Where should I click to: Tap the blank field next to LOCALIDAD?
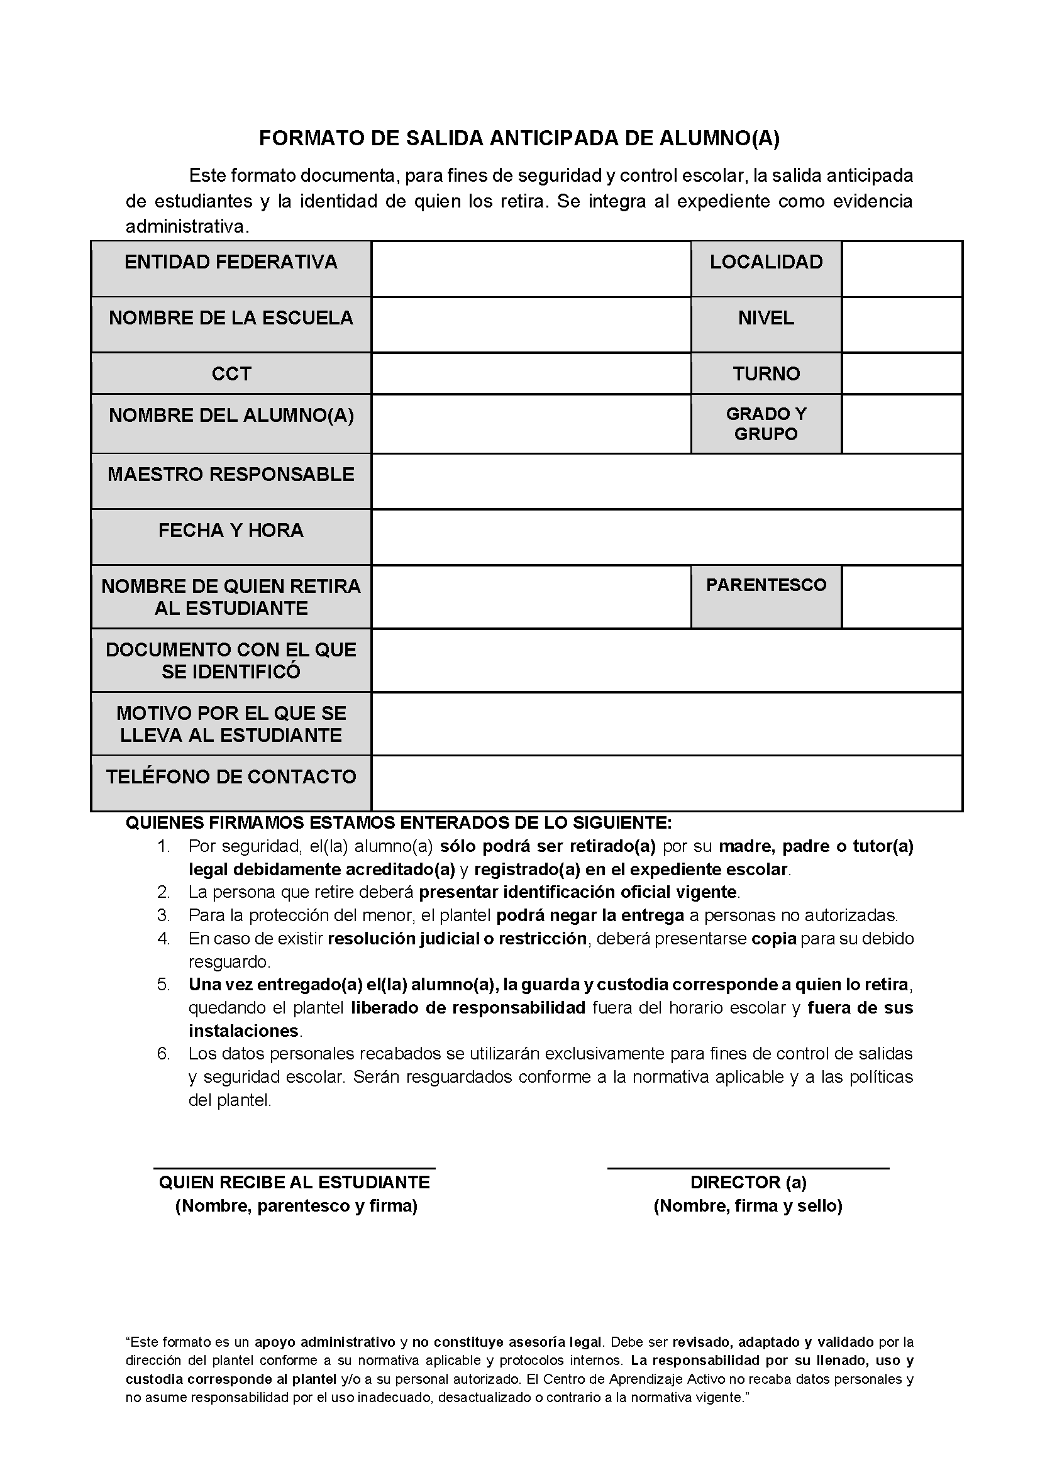(x=902, y=269)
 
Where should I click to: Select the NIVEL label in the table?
(x=766, y=318)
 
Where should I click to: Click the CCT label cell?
(x=231, y=374)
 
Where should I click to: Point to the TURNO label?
(x=766, y=374)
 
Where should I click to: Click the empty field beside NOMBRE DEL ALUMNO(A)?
(x=531, y=424)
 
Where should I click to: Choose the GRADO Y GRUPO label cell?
(x=766, y=424)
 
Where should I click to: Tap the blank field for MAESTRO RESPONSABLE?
(x=667, y=482)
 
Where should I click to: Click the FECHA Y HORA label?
(x=231, y=530)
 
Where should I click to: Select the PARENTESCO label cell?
(x=766, y=585)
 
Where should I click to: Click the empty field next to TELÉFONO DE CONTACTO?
(x=667, y=783)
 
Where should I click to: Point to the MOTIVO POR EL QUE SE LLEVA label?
(x=231, y=724)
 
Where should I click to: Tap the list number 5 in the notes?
(x=163, y=984)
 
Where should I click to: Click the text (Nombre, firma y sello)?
(x=748, y=1205)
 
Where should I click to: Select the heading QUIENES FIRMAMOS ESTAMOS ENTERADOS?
(x=398, y=823)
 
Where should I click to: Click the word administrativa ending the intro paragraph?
(x=185, y=226)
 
